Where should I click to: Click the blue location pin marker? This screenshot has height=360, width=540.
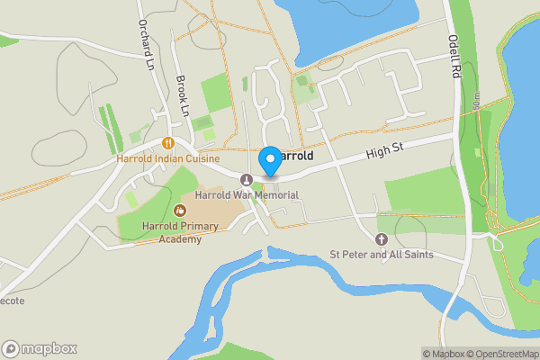click(x=269, y=161)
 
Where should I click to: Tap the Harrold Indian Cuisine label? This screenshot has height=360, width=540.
click(x=168, y=158)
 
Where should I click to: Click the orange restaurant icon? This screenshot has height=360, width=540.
click(x=167, y=142)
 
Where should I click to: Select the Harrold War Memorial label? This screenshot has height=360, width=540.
click(x=247, y=194)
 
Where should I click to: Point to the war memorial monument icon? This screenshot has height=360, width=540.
click(x=247, y=178)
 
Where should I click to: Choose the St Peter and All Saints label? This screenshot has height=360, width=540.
click(x=381, y=255)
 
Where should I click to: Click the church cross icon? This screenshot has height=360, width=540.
click(x=381, y=239)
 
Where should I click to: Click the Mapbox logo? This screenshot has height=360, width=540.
click(x=40, y=348)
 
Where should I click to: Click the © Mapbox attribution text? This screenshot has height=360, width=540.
click(x=444, y=354)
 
